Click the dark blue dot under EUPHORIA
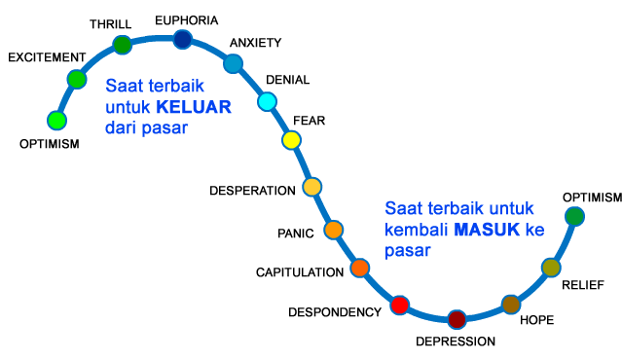point(182,39)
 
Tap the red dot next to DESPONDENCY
point(399,305)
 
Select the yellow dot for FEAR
point(291,140)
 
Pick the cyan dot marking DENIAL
point(268,101)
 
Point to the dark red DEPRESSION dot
point(457,318)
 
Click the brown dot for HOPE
point(511,305)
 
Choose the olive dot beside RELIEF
point(551,268)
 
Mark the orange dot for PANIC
point(333,231)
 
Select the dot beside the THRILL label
point(123,45)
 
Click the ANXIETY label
point(255,43)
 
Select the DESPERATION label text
point(252,190)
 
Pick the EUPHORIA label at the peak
point(186,18)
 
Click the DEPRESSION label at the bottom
point(456,342)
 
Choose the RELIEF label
point(583,285)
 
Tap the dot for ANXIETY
point(233,64)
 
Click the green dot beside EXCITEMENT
point(77,80)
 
